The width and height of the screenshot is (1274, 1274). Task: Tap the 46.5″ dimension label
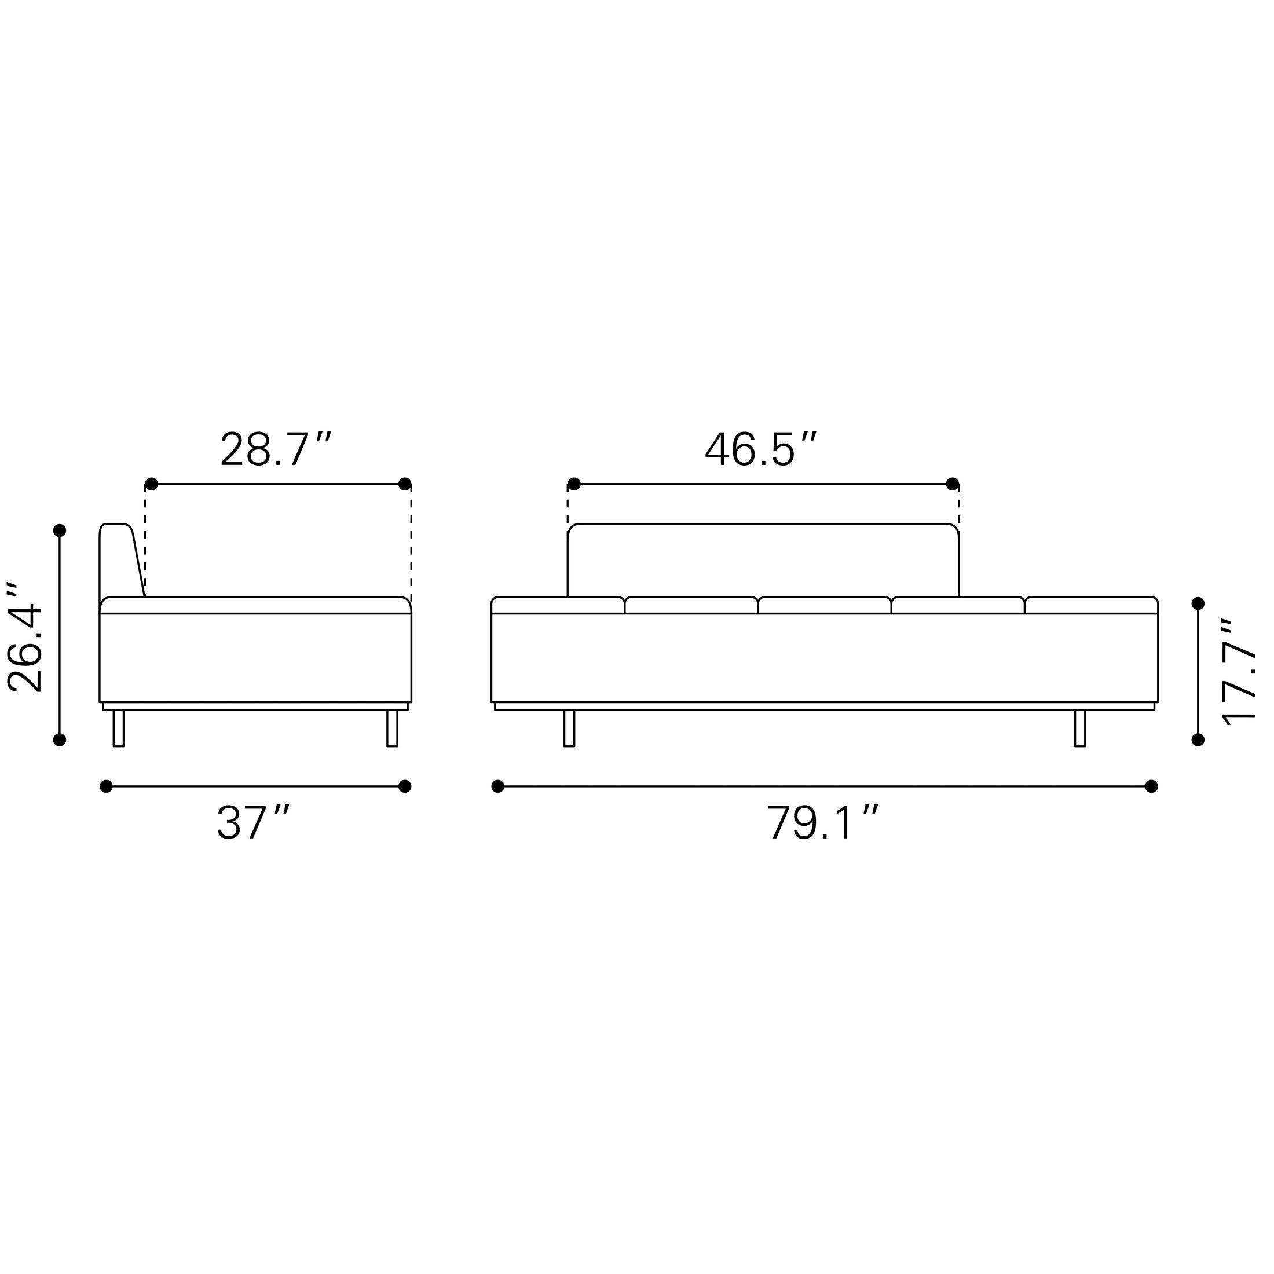tap(761, 449)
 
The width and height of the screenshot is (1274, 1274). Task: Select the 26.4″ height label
tap(25, 638)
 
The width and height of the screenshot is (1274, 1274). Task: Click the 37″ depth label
tap(253, 822)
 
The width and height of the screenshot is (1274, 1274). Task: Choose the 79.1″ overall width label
tap(823, 822)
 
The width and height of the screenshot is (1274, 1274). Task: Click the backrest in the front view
tap(763, 560)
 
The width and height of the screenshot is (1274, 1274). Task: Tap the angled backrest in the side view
tap(122, 561)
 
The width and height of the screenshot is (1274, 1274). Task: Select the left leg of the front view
tap(569, 728)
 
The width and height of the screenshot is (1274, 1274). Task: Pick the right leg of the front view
tap(1079, 728)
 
